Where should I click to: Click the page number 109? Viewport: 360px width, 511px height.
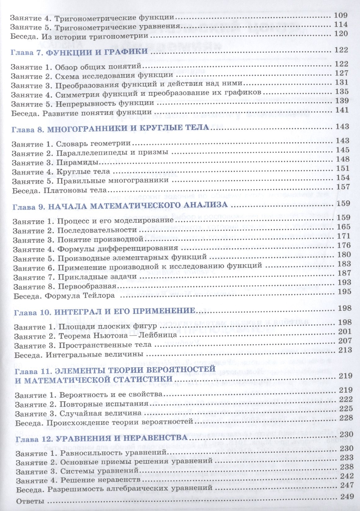[341, 15]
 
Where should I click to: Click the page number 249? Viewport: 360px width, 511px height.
[347, 496]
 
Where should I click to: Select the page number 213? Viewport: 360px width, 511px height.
[345, 350]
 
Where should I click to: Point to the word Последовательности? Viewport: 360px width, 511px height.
[97, 230]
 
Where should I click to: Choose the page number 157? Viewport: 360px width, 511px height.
[343, 187]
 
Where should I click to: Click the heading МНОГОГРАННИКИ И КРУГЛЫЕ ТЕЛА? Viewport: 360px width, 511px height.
[127, 129]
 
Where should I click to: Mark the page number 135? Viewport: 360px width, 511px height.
[342, 91]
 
